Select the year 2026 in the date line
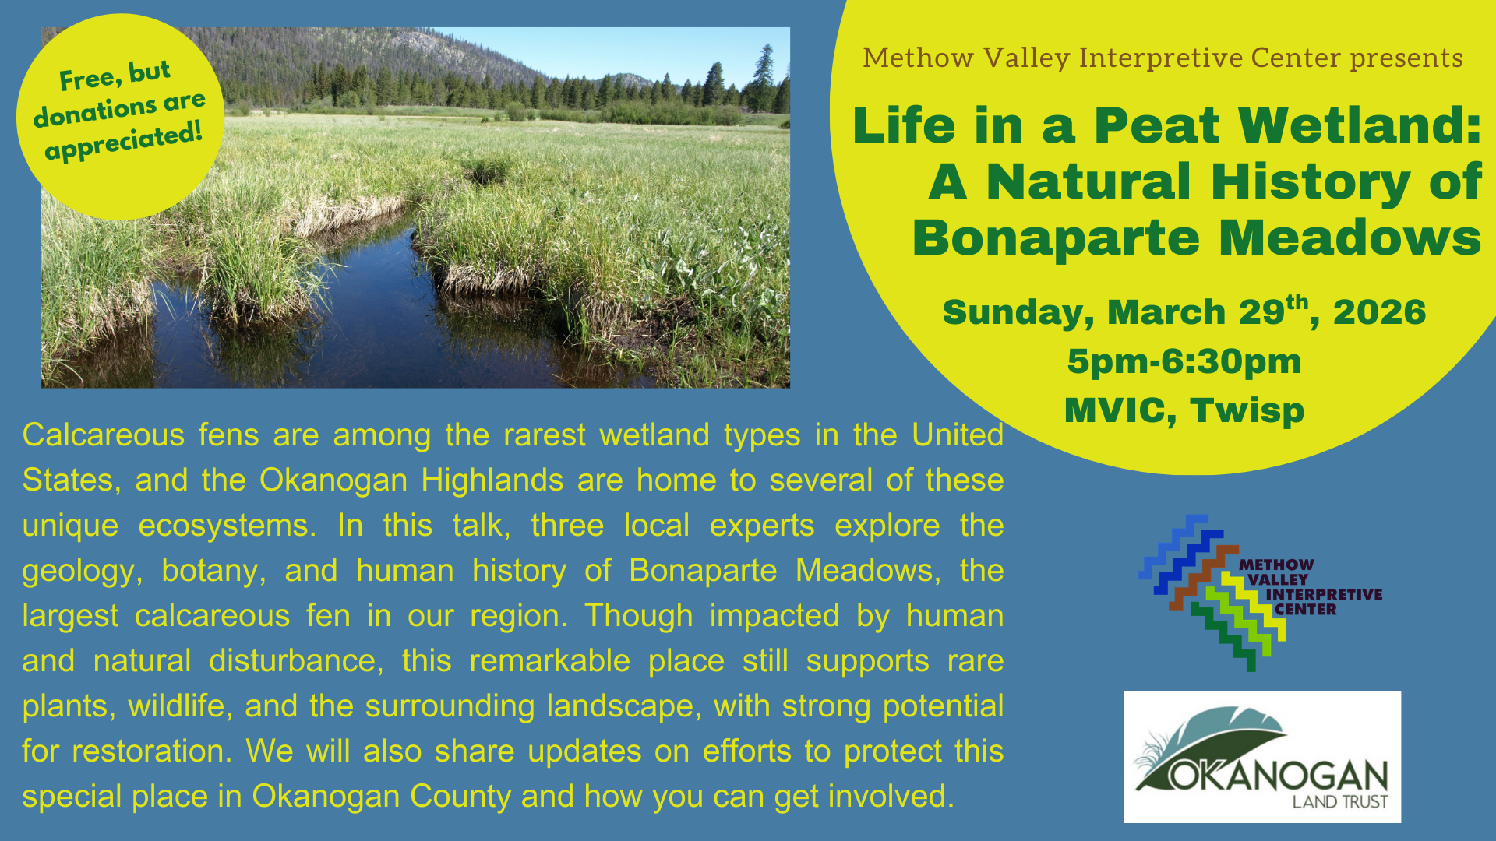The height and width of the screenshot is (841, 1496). pyautogui.click(x=1379, y=313)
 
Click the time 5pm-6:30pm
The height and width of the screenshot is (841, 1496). pyautogui.click(x=1184, y=362)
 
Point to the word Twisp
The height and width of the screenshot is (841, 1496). pyautogui.click(x=1247, y=410)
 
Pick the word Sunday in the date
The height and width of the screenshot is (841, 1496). pyautogui.click(x=1013, y=313)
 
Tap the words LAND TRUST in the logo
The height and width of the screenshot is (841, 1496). pyautogui.click(x=1340, y=802)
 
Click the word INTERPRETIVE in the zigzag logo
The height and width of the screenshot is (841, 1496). pyautogui.click(x=1324, y=595)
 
